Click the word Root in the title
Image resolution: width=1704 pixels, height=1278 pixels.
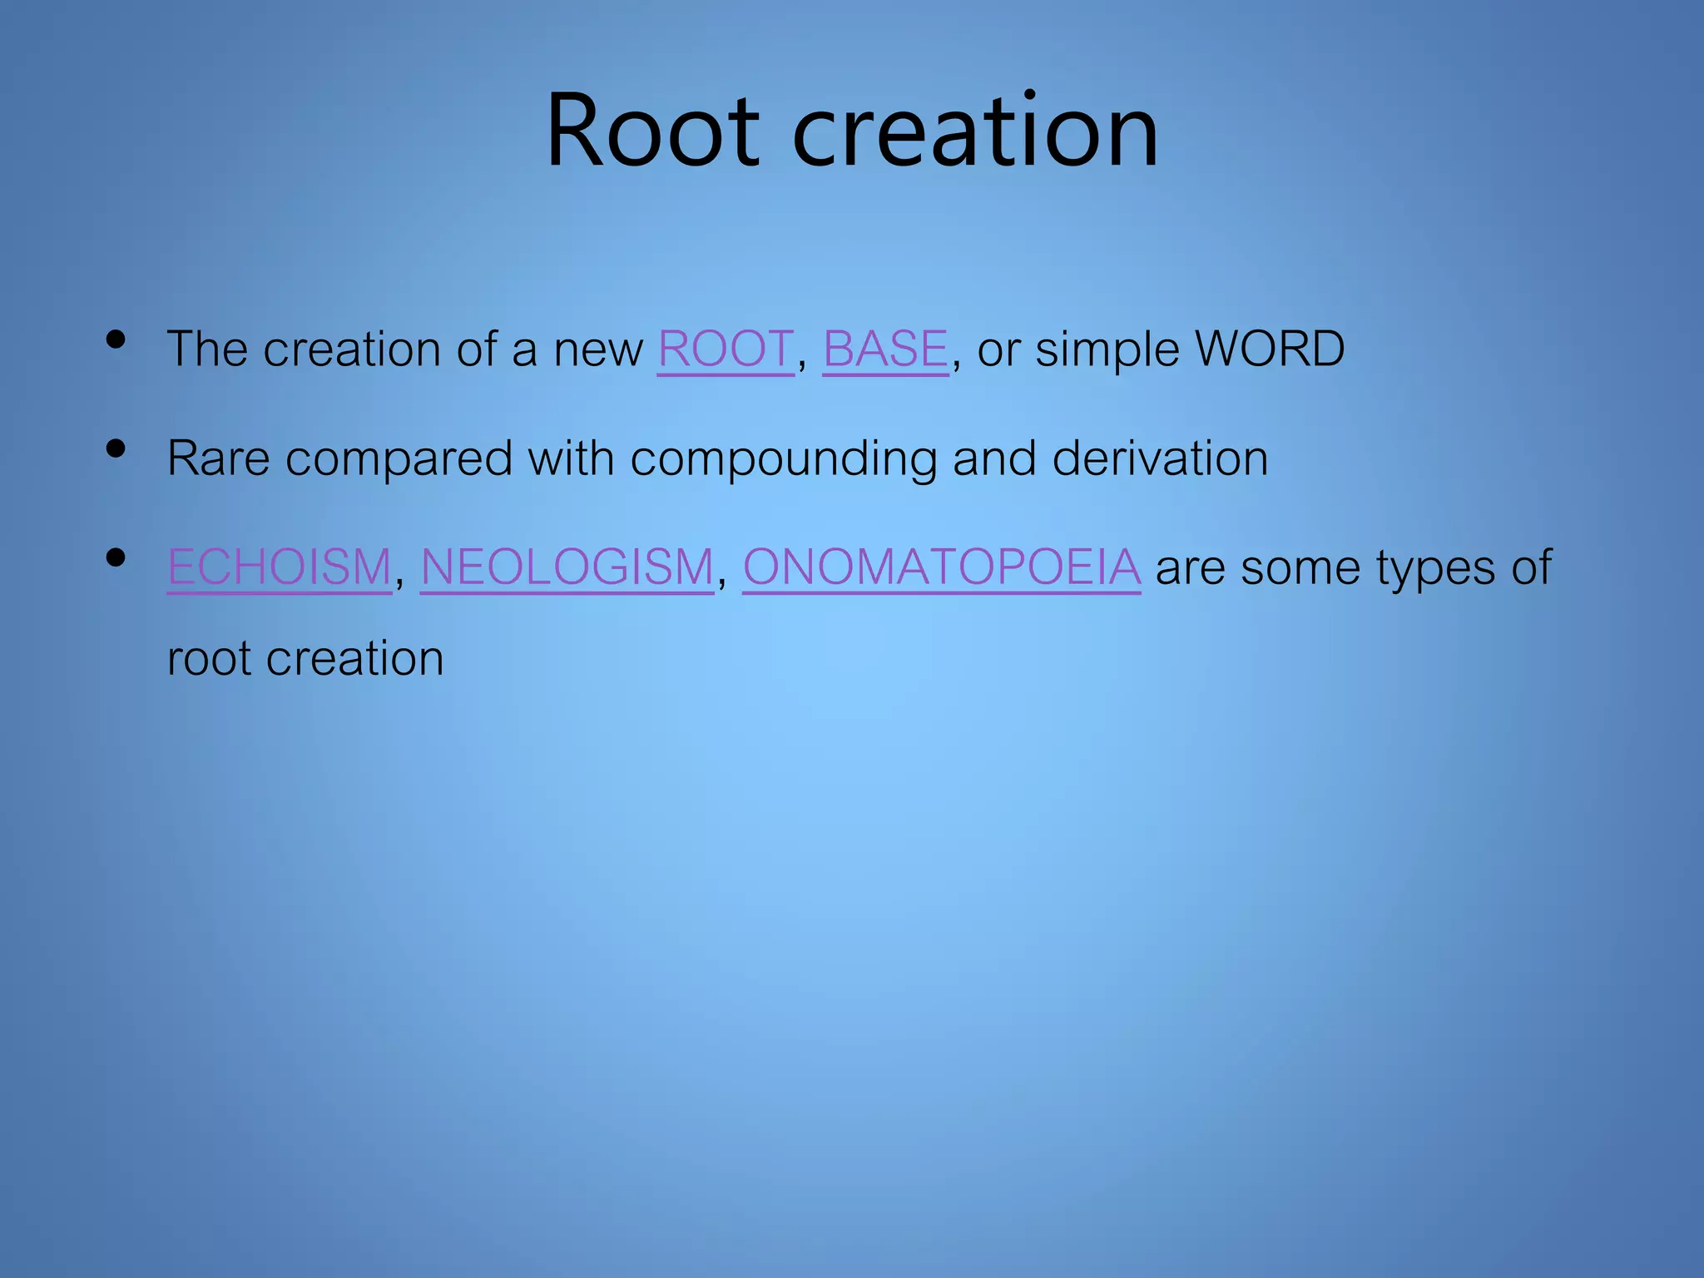coord(652,131)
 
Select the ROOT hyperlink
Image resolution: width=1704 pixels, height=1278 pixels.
coord(726,349)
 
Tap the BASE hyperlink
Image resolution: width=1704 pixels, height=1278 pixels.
coord(885,349)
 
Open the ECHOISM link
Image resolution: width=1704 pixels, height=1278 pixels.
coord(280,567)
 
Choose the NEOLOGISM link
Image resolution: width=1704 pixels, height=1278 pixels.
coord(567,567)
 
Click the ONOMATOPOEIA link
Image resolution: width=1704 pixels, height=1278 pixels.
coord(941,567)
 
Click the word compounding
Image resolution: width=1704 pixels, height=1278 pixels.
coord(783,459)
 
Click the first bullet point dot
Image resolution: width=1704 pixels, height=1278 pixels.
coord(116,339)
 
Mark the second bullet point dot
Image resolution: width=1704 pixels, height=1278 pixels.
coord(116,449)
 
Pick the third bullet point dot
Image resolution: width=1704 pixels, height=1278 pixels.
coord(116,558)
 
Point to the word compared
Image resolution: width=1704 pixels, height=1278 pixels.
coord(399,459)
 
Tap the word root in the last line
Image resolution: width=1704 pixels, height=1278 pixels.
coord(209,659)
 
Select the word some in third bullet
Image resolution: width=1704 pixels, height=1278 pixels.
coord(1300,567)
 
